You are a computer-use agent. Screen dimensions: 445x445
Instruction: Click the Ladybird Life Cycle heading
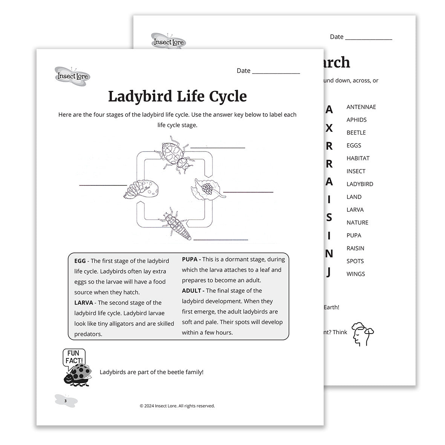pos(177,96)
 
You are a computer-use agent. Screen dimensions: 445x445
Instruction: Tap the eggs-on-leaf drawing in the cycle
pos(207,188)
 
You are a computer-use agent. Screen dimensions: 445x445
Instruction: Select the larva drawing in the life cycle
pos(176,225)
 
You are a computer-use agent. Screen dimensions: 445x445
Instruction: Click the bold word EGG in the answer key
pos(80,261)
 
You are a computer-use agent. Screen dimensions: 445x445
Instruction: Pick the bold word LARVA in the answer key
pos(84,303)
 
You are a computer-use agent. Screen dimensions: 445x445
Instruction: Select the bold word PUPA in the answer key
pos(191,259)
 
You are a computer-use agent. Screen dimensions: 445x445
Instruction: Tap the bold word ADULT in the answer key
pos(193,291)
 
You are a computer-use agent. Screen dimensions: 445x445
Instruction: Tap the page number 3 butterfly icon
pos(66,401)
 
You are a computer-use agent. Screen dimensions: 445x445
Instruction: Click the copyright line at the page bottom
pos(177,406)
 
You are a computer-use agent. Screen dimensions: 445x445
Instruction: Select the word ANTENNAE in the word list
pos(361,107)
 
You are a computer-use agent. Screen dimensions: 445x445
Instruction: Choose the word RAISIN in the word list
pos(355,248)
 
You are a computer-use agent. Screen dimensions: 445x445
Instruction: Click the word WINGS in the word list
pos(356,274)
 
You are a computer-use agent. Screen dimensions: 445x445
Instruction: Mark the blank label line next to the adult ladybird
pos(218,148)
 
